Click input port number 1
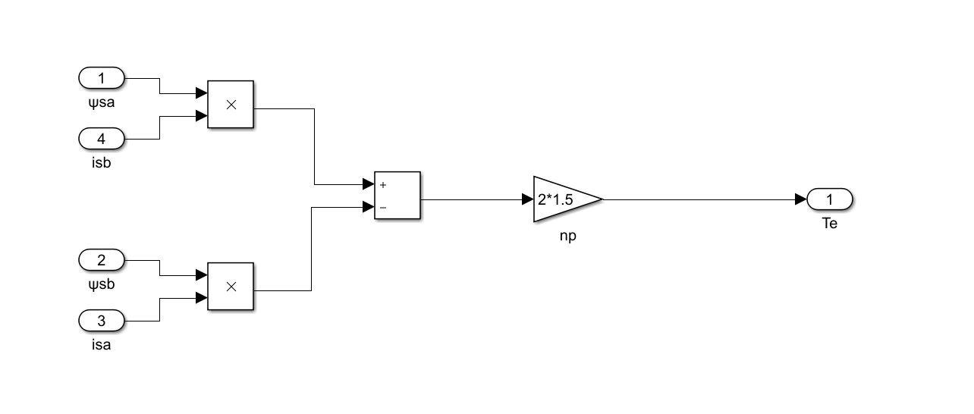pyautogui.click(x=102, y=78)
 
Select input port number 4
pyautogui.click(x=102, y=140)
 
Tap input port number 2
pyautogui.click(x=102, y=261)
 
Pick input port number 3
pyautogui.click(x=102, y=321)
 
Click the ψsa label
pyautogui.click(x=101, y=101)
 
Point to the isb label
pyautogui.click(x=101, y=162)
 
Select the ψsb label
pyautogui.click(x=101, y=284)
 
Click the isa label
pyautogui.click(x=101, y=345)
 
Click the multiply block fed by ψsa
pyautogui.click(x=231, y=105)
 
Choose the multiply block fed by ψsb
pyautogui.click(x=231, y=287)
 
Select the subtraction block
pyautogui.click(x=397, y=196)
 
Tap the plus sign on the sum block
pyautogui.click(x=383, y=184)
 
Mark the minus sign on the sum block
pyautogui.click(x=383, y=207)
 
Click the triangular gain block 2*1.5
pyautogui.click(x=563, y=199)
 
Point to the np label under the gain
pyautogui.click(x=568, y=236)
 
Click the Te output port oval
pyautogui.click(x=830, y=199)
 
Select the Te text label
pyautogui.click(x=830, y=224)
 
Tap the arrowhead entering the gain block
pyautogui.click(x=528, y=199)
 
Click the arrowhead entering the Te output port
pyautogui.click(x=801, y=199)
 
